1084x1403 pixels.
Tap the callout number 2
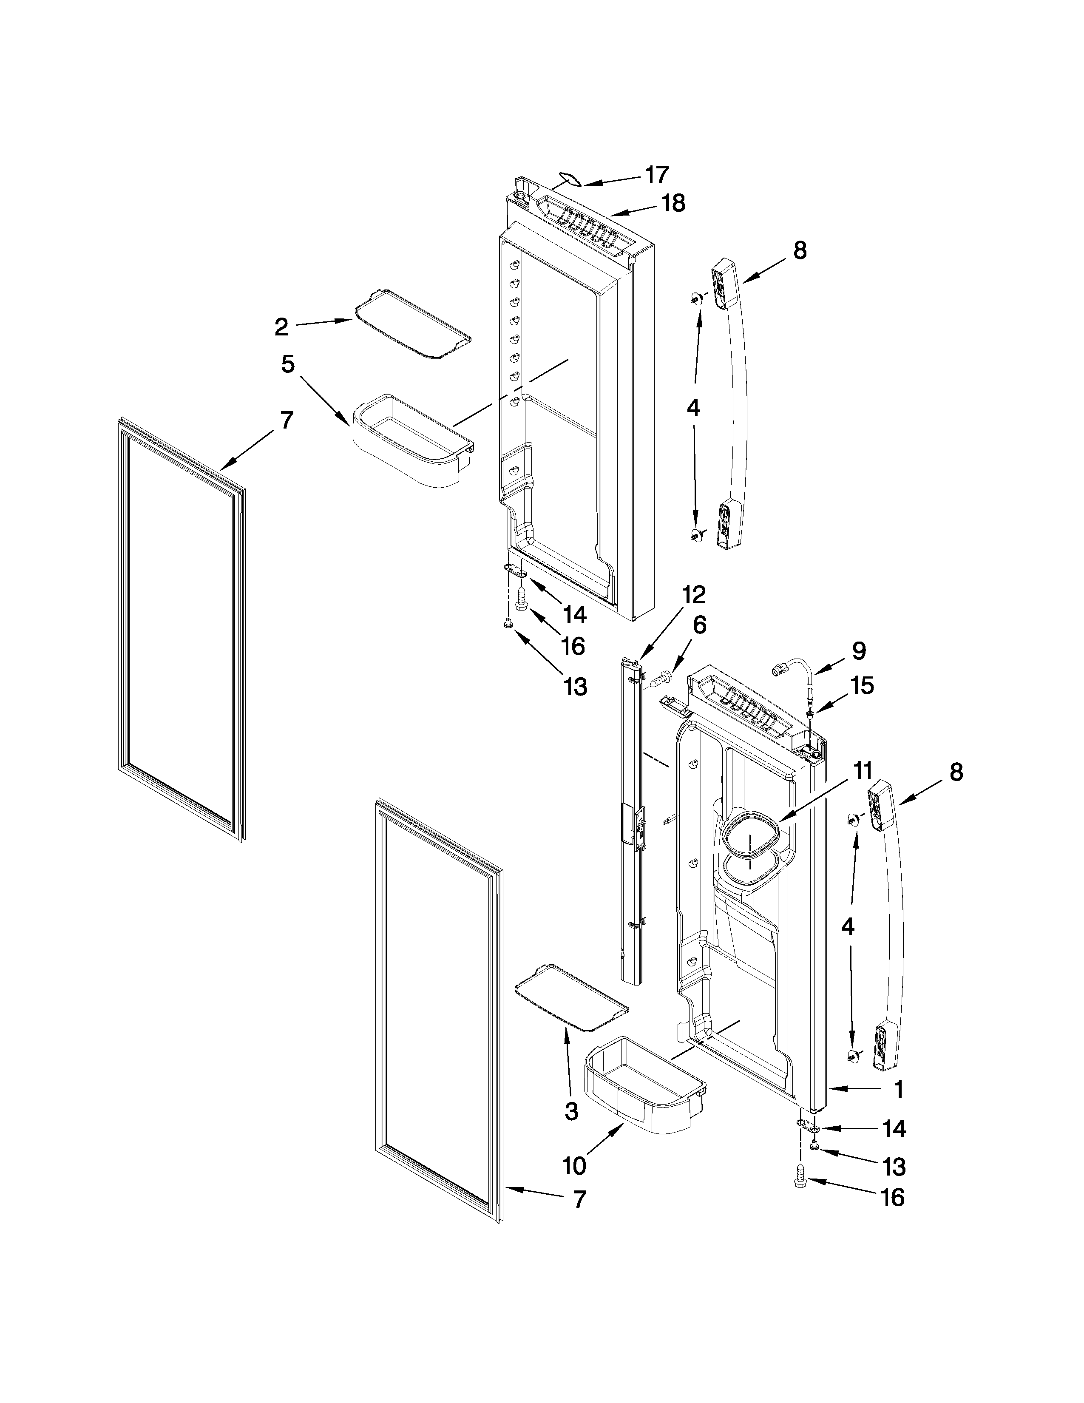coord(281,327)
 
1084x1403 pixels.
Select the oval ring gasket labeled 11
coord(750,836)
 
